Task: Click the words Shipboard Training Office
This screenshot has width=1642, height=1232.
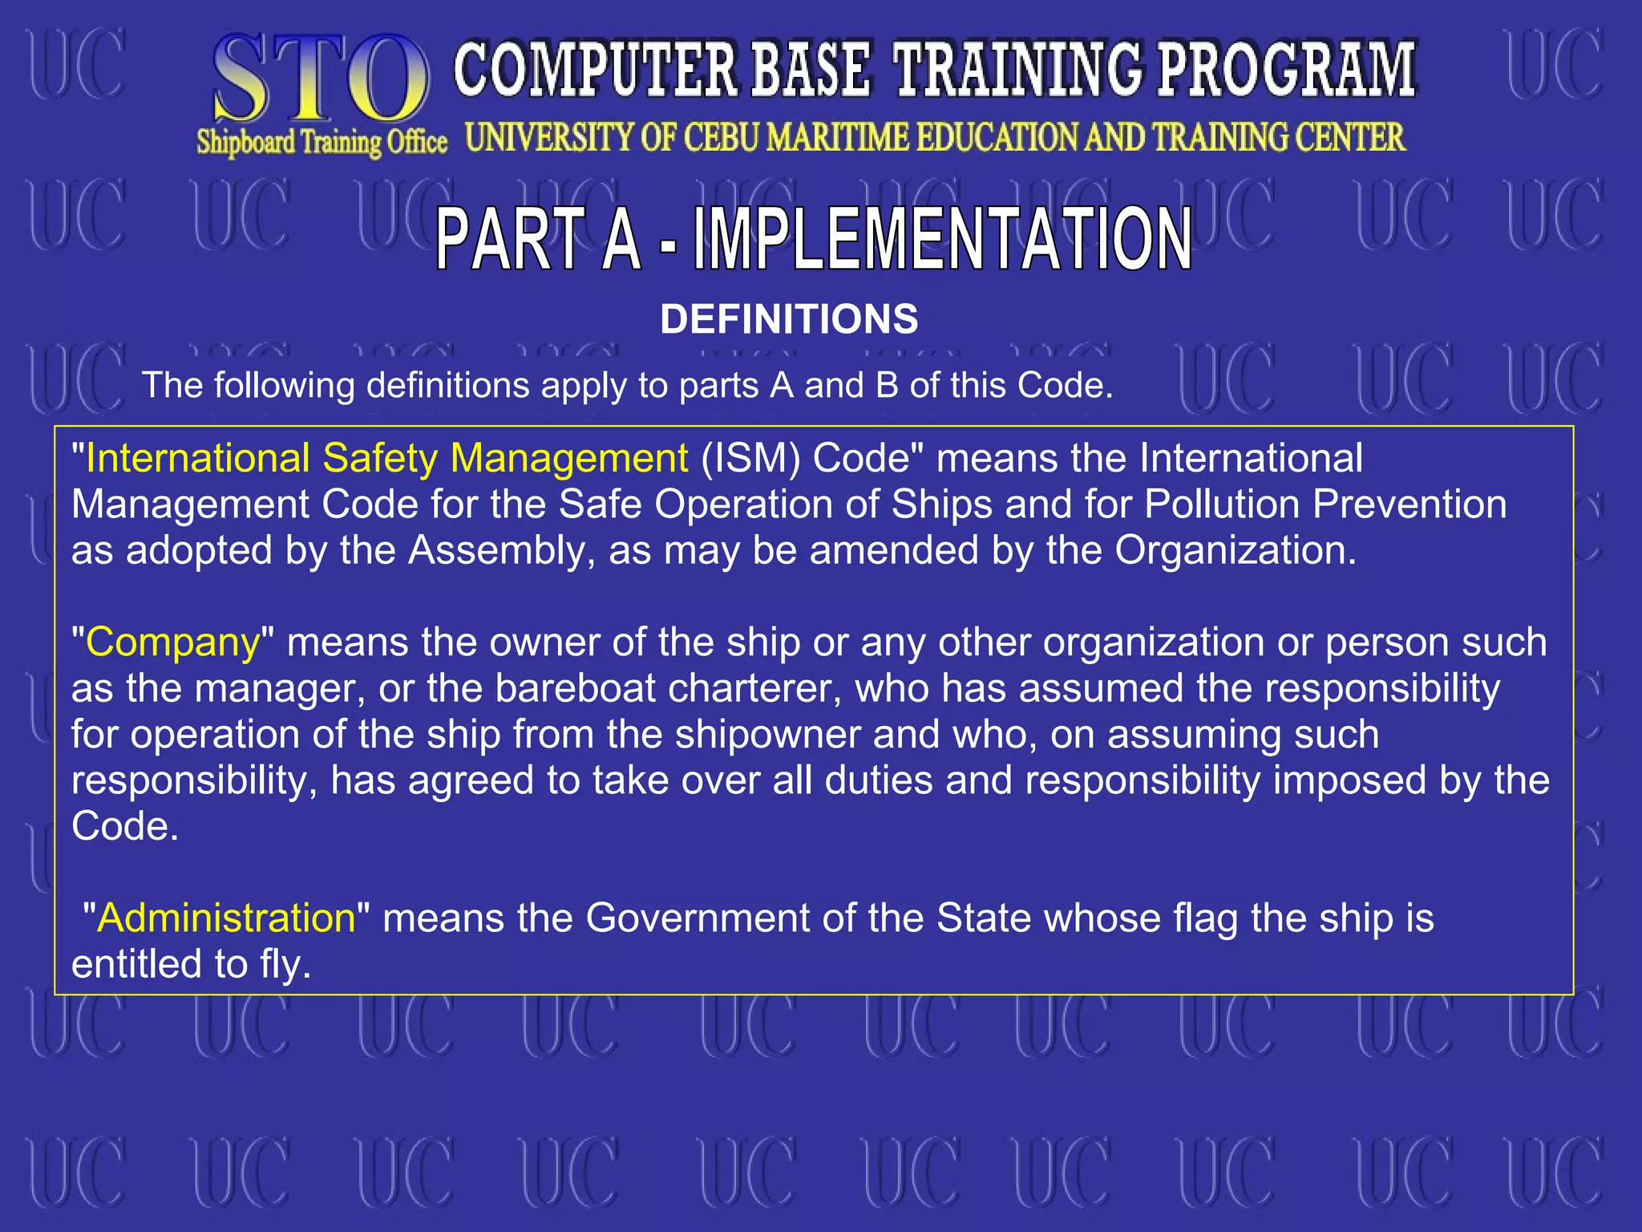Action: click(322, 143)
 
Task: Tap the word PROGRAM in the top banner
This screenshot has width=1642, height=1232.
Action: click(1286, 71)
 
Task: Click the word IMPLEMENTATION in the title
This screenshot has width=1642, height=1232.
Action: click(943, 238)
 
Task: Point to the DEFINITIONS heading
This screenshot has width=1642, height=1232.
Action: click(789, 319)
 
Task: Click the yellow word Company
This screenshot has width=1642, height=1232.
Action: click(173, 642)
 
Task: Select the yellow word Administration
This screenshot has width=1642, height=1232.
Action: click(226, 918)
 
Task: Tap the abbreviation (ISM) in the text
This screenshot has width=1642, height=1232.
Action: click(750, 459)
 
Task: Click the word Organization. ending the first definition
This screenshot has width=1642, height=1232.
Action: click(1236, 551)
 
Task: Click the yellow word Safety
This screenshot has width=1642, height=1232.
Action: click(379, 459)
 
